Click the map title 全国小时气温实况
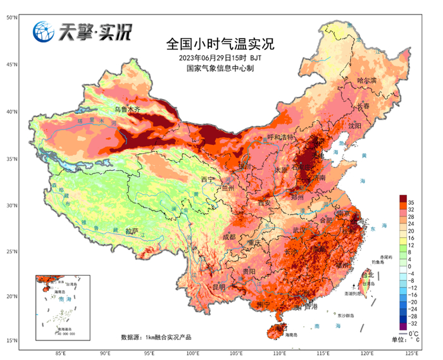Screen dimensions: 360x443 (x=220, y=44)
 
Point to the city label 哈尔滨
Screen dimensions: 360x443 (x=366, y=81)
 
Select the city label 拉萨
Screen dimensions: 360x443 (x=131, y=231)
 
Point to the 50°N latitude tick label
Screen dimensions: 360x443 (x=11, y=18)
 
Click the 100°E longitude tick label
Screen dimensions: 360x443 (x=193, y=353)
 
